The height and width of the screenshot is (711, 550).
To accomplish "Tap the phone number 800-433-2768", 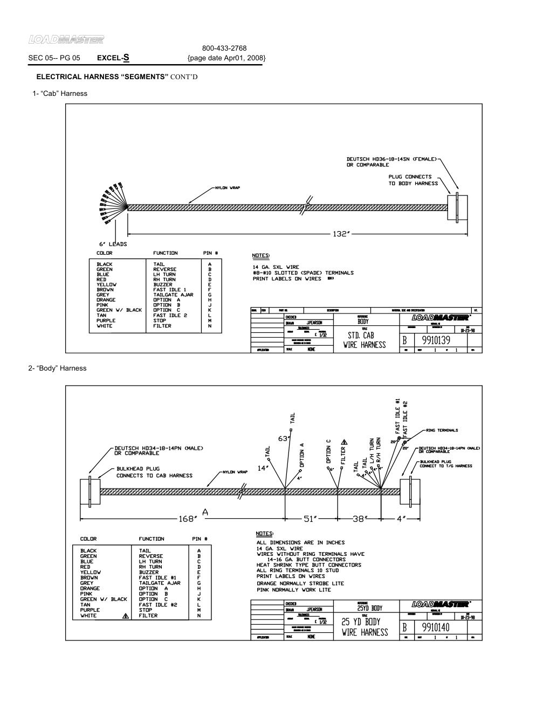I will (224, 48).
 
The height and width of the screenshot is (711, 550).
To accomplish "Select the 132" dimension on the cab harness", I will (341, 234).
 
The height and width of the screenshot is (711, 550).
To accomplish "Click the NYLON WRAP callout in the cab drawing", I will (227, 188).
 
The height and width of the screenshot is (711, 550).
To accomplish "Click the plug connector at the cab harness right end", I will (458, 206).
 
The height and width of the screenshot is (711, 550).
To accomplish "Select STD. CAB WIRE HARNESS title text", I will (365, 340).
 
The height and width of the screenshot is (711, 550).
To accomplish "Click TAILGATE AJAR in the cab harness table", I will (173, 295).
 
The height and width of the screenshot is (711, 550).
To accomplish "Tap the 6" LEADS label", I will (113, 244).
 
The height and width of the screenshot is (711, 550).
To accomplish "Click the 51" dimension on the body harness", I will (312, 519).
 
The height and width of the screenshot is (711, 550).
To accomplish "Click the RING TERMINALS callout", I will (442, 430).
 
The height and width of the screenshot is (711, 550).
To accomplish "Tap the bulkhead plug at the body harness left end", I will (86, 490).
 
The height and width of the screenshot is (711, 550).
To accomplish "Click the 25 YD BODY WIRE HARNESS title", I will (365, 627).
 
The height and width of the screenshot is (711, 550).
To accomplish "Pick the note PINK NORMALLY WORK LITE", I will (293, 590).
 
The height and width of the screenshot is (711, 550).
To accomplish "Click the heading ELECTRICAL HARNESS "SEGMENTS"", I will (102, 77).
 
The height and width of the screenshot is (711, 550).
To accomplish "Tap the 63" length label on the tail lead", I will (283, 438).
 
